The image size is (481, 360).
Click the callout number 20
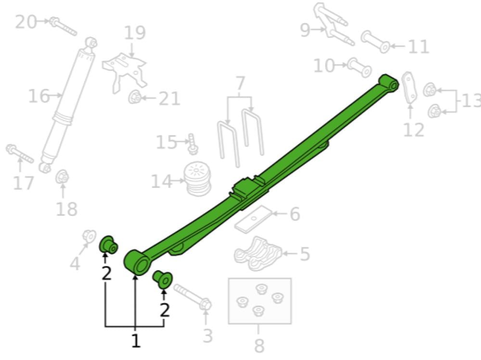click(25, 22)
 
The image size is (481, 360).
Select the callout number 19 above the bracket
click(135, 33)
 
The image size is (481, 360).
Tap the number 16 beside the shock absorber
click(38, 96)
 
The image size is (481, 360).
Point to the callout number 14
click(161, 181)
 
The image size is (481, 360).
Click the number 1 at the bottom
click(136, 341)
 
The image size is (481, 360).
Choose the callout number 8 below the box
click(259, 345)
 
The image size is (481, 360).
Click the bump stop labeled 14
click(197, 179)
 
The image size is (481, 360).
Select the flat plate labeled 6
click(253, 219)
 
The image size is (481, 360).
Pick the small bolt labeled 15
click(193, 144)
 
